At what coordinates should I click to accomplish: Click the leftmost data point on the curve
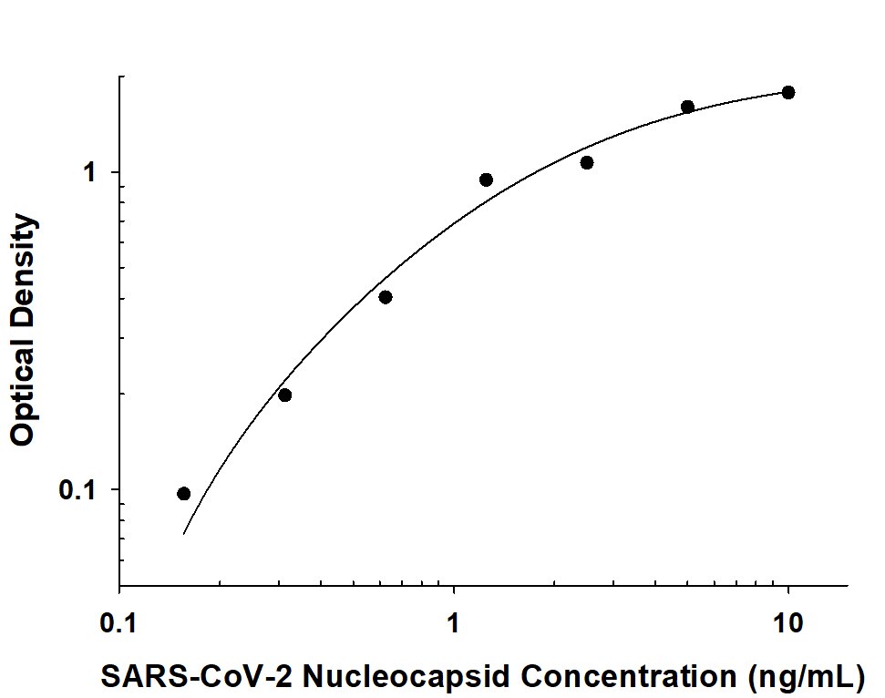(184, 494)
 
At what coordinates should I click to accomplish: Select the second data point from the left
(284, 395)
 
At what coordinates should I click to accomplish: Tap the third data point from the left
(386, 297)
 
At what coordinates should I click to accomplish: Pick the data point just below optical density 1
(486, 180)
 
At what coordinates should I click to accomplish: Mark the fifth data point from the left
(587, 162)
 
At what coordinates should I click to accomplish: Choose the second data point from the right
(687, 107)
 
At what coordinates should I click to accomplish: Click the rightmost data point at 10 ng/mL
(788, 92)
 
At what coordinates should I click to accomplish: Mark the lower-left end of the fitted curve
(184, 533)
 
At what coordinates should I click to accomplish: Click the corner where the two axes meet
(119, 586)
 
